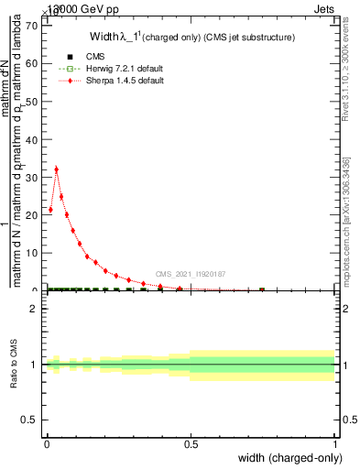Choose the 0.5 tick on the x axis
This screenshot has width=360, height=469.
coord(191,444)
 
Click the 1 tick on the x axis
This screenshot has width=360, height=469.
coord(335,444)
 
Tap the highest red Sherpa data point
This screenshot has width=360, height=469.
coord(57,169)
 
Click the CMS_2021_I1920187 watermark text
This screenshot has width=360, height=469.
coord(190,274)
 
